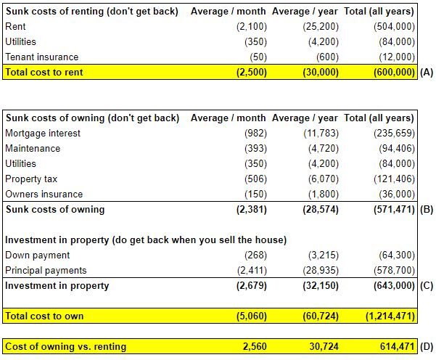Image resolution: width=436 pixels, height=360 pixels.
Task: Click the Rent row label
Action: pyautogui.click(x=15, y=26)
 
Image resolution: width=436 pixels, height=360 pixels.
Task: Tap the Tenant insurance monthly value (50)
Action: pyautogui.click(x=258, y=57)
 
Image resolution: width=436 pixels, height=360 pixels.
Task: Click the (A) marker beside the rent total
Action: pyautogui.click(x=427, y=73)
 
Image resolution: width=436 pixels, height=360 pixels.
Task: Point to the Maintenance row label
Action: pyautogui.click(x=33, y=148)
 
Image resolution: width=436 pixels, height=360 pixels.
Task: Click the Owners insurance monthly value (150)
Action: pyautogui.click(x=255, y=195)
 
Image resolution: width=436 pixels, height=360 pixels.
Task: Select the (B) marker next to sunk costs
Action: pyautogui.click(x=427, y=210)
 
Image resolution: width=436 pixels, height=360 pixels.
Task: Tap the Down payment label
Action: pyautogui.click(x=37, y=255)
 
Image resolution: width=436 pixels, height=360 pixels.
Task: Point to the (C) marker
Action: pyautogui.click(x=427, y=286)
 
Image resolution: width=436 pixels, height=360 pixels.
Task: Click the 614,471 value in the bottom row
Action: pyautogui.click(x=397, y=346)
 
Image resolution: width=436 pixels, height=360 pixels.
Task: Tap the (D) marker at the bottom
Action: pyautogui.click(x=427, y=347)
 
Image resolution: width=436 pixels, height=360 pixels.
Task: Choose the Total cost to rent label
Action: pyautogui.click(x=44, y=73)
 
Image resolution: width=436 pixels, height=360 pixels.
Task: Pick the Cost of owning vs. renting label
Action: pyautogui.click(x=65, y=347)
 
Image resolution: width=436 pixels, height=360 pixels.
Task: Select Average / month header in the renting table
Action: pyautogui.click(x=228, y=12)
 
